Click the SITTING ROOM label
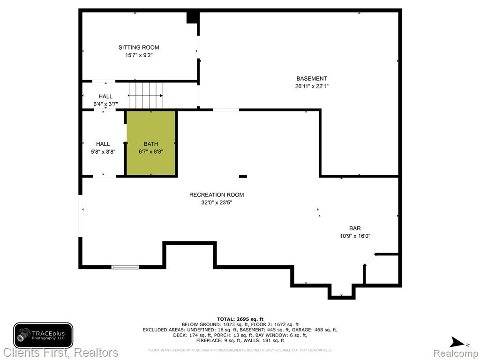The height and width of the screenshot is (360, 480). point(139,47)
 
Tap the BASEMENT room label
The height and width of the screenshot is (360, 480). point(311,78)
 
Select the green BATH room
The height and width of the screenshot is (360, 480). point(151,143)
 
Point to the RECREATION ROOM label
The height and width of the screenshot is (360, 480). point(217,195)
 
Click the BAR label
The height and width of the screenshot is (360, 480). point(355,228)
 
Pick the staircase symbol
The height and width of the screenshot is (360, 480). point(146,95)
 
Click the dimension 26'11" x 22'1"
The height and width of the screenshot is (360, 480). point(312,86)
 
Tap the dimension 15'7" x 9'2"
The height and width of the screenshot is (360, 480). point(139,55)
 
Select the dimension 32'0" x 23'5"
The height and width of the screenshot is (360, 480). point(217,202)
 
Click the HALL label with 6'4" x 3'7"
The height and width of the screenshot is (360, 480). point(105,97)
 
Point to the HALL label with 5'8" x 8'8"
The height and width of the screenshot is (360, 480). point(103,144)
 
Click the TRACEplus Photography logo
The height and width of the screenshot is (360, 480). point(43,335)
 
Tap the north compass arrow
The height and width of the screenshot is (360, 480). point(458,342)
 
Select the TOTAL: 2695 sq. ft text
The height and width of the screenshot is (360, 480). point(240,319)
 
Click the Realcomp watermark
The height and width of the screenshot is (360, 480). point(456,353)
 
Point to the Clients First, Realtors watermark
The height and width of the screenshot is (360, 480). point(60,352)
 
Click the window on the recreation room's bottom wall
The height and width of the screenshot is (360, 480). point(125,267)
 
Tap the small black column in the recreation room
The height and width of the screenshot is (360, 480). point(243,176)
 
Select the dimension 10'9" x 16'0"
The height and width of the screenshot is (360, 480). point(355,236)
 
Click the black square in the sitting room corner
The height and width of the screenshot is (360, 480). point(192,17)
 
